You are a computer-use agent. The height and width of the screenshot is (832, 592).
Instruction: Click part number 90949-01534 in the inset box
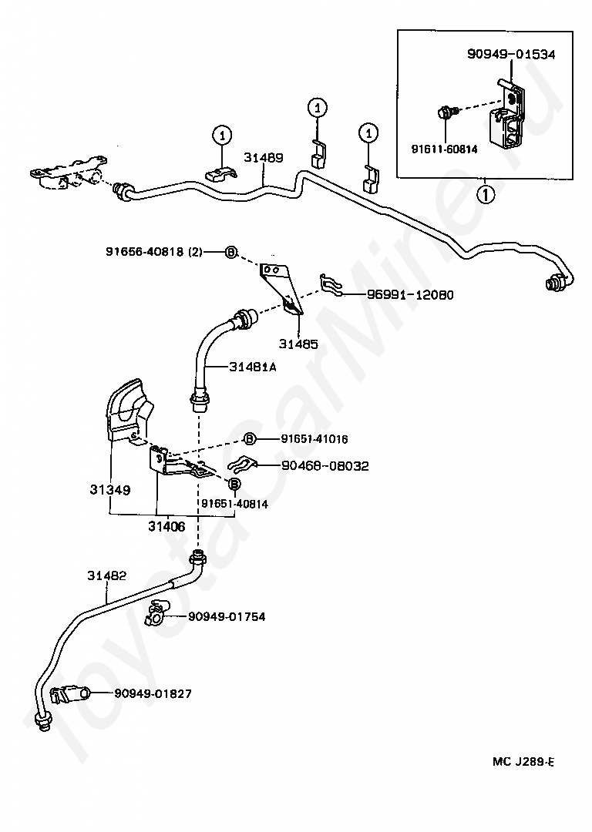click(x=511, y=54)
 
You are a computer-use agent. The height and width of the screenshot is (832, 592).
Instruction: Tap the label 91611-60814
click(x=445, y=149)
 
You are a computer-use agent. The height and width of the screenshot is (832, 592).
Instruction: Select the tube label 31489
click(x=264, y=158)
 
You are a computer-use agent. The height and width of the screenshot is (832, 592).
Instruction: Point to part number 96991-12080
click(x=410, y=295)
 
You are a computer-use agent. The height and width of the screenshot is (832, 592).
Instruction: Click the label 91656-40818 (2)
click(x=154, y=253)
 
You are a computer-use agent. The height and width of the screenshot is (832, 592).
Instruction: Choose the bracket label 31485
click(x=298, y=344)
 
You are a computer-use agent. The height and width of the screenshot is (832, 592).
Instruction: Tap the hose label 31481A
click(x=253, y=367)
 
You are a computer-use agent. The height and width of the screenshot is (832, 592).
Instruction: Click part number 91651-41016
click(x=314, y=439)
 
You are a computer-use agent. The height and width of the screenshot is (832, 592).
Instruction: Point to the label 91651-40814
click(x=234, y=504)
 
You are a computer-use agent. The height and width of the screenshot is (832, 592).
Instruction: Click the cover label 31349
click(x=110, y=489)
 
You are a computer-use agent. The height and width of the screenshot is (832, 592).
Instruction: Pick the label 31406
click(x=166, y=526)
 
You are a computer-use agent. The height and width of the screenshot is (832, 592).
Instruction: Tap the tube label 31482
click(x=107, y=575)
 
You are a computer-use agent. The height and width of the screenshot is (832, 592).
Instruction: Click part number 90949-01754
click(x=227, y=616)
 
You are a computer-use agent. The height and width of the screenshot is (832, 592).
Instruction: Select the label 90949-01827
click(x=153, y=693)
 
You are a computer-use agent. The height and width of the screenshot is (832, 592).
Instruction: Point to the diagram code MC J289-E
click(x=523, y=762)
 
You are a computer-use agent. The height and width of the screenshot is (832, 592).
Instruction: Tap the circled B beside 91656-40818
click(x=230, y=253)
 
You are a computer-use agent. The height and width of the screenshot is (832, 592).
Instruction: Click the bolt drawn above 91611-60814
click(x=445, y=112)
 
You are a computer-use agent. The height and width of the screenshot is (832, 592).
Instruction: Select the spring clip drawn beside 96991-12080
click(x=331, y=285)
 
